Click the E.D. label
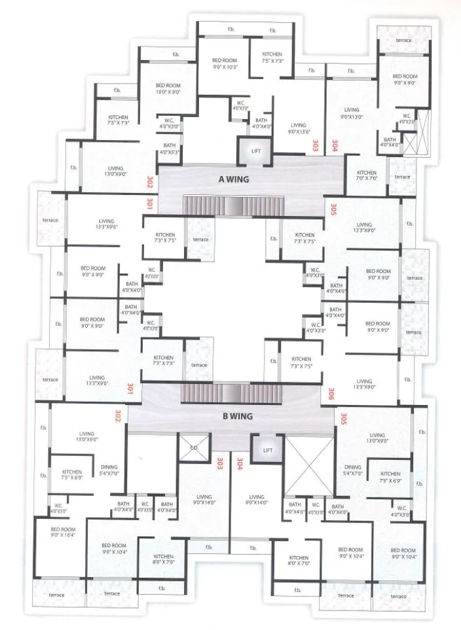click(194, 447)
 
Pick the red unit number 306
click(332, 393)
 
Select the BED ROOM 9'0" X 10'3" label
click(224, 63)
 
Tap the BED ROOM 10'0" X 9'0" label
click(168, 89)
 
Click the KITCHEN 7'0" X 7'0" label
click(367, 175)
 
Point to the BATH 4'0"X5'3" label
click(169, 149)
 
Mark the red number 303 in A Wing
click(315, 145)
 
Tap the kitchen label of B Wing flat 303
click(163, 559)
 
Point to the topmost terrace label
click(404, 41)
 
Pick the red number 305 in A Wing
click(333, 210)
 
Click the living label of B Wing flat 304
click(256, 500)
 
